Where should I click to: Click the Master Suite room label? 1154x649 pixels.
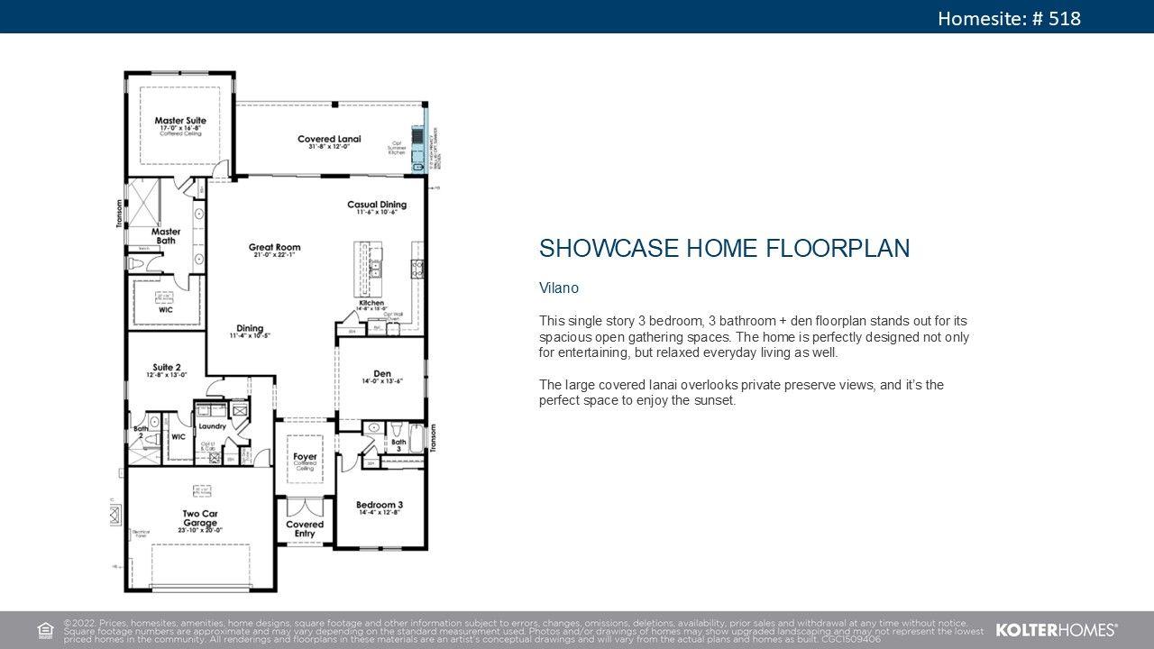(180, 121)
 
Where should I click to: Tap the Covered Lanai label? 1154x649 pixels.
(329, 139)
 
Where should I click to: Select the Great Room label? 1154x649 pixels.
(275, 247)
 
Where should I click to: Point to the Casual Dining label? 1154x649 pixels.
(377, 206)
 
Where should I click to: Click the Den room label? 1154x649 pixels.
(382, 374)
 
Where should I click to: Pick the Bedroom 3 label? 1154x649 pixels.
(379, 505)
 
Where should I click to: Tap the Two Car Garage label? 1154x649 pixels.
(200, 518)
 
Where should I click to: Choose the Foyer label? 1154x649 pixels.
(305, 457)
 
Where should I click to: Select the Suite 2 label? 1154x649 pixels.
(167, 368)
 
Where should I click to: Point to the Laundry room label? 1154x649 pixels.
(212, 426)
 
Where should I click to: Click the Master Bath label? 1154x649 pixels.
(166, 236)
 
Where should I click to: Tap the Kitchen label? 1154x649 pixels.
(371, 303)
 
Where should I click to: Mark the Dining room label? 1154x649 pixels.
(250, 328)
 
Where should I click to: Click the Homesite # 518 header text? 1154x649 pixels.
(1009, 18)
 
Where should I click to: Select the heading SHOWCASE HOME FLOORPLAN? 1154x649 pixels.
(724, 249)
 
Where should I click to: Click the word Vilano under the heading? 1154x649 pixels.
(558, 288)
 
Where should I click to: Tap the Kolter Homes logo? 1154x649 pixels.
(1057, 630)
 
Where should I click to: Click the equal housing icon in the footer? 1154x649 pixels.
(45, 629)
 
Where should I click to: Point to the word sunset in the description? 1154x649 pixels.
(715, 400)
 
